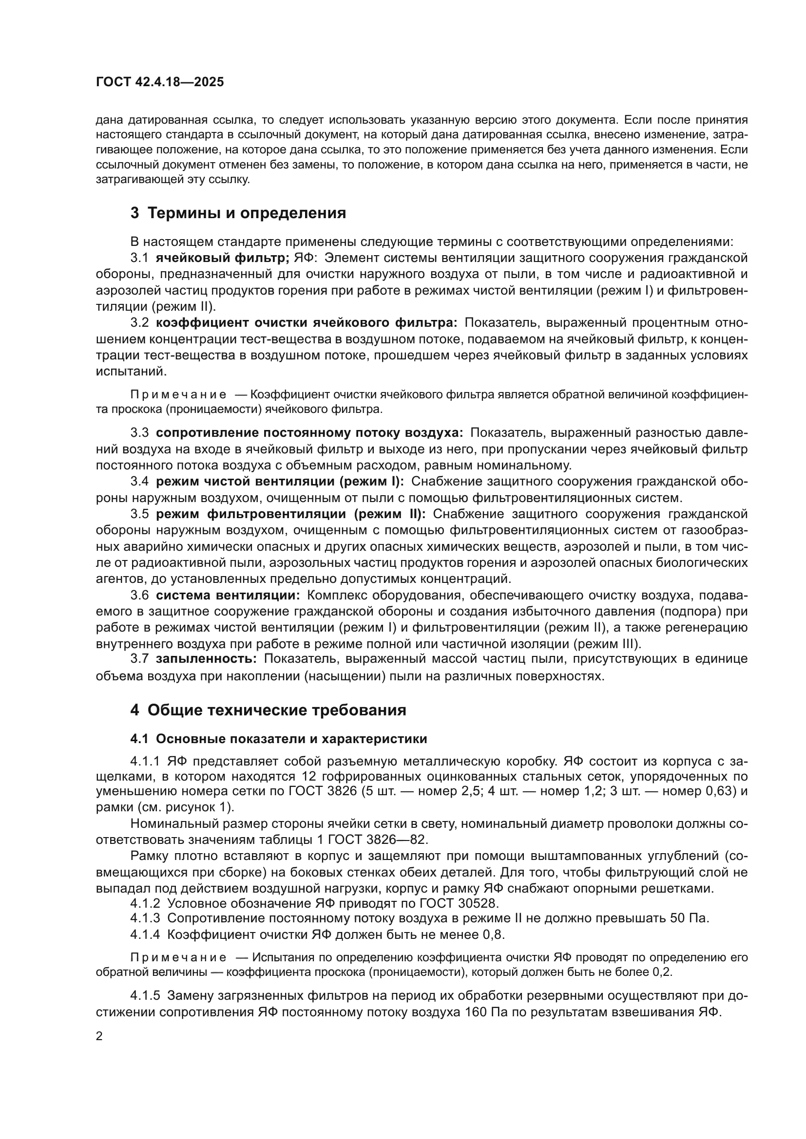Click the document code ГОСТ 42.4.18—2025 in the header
(x=160, y=82)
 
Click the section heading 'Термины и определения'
(x=247, y=213)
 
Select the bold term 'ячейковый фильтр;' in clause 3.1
(x=222, y=258)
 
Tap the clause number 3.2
(x=139, y=323)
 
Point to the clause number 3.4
(x=139, y=481)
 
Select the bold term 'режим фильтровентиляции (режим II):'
(x=291, y=514)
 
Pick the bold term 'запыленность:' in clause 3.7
(x=206, y=659)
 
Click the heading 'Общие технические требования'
(x=276, y=710)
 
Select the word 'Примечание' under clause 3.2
(x=178, y=395)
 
